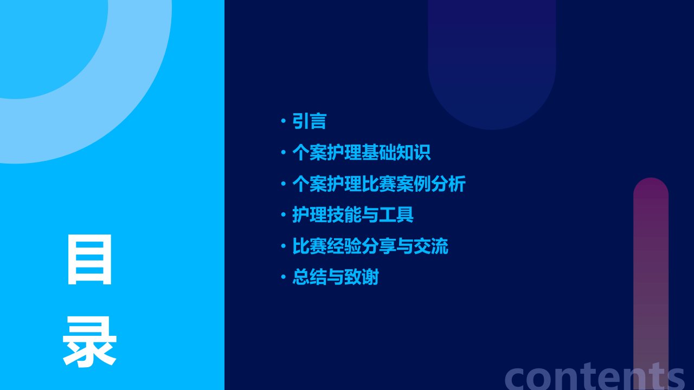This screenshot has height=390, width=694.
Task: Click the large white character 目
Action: coord(89,259)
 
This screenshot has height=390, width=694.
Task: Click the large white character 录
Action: coord(89,341)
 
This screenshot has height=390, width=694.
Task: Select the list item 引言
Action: coord(309,121)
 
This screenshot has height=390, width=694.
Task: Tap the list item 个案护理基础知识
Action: coord(361,152)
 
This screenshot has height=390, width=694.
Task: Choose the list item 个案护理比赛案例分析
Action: coord(379,184)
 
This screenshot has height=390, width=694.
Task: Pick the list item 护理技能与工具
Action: coord(352,214)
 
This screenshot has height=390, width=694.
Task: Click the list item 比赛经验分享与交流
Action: coord(370,246)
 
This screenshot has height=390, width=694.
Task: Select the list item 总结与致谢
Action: coord(336,277)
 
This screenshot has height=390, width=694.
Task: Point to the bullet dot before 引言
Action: coord(283,121)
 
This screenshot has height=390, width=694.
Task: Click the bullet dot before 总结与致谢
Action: coord(283,277)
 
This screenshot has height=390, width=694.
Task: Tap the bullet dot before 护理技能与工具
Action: coord(283,214)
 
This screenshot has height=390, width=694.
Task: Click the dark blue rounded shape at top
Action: coord(492,62)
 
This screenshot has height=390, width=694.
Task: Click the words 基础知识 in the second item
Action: coord(396,152)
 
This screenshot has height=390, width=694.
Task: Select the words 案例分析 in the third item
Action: coord(431,184)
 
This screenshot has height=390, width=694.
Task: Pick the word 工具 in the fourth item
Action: coord(396,214)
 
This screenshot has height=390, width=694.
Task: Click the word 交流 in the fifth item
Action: coord(431,246)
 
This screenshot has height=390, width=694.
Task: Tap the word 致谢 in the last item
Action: coord(362,277)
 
